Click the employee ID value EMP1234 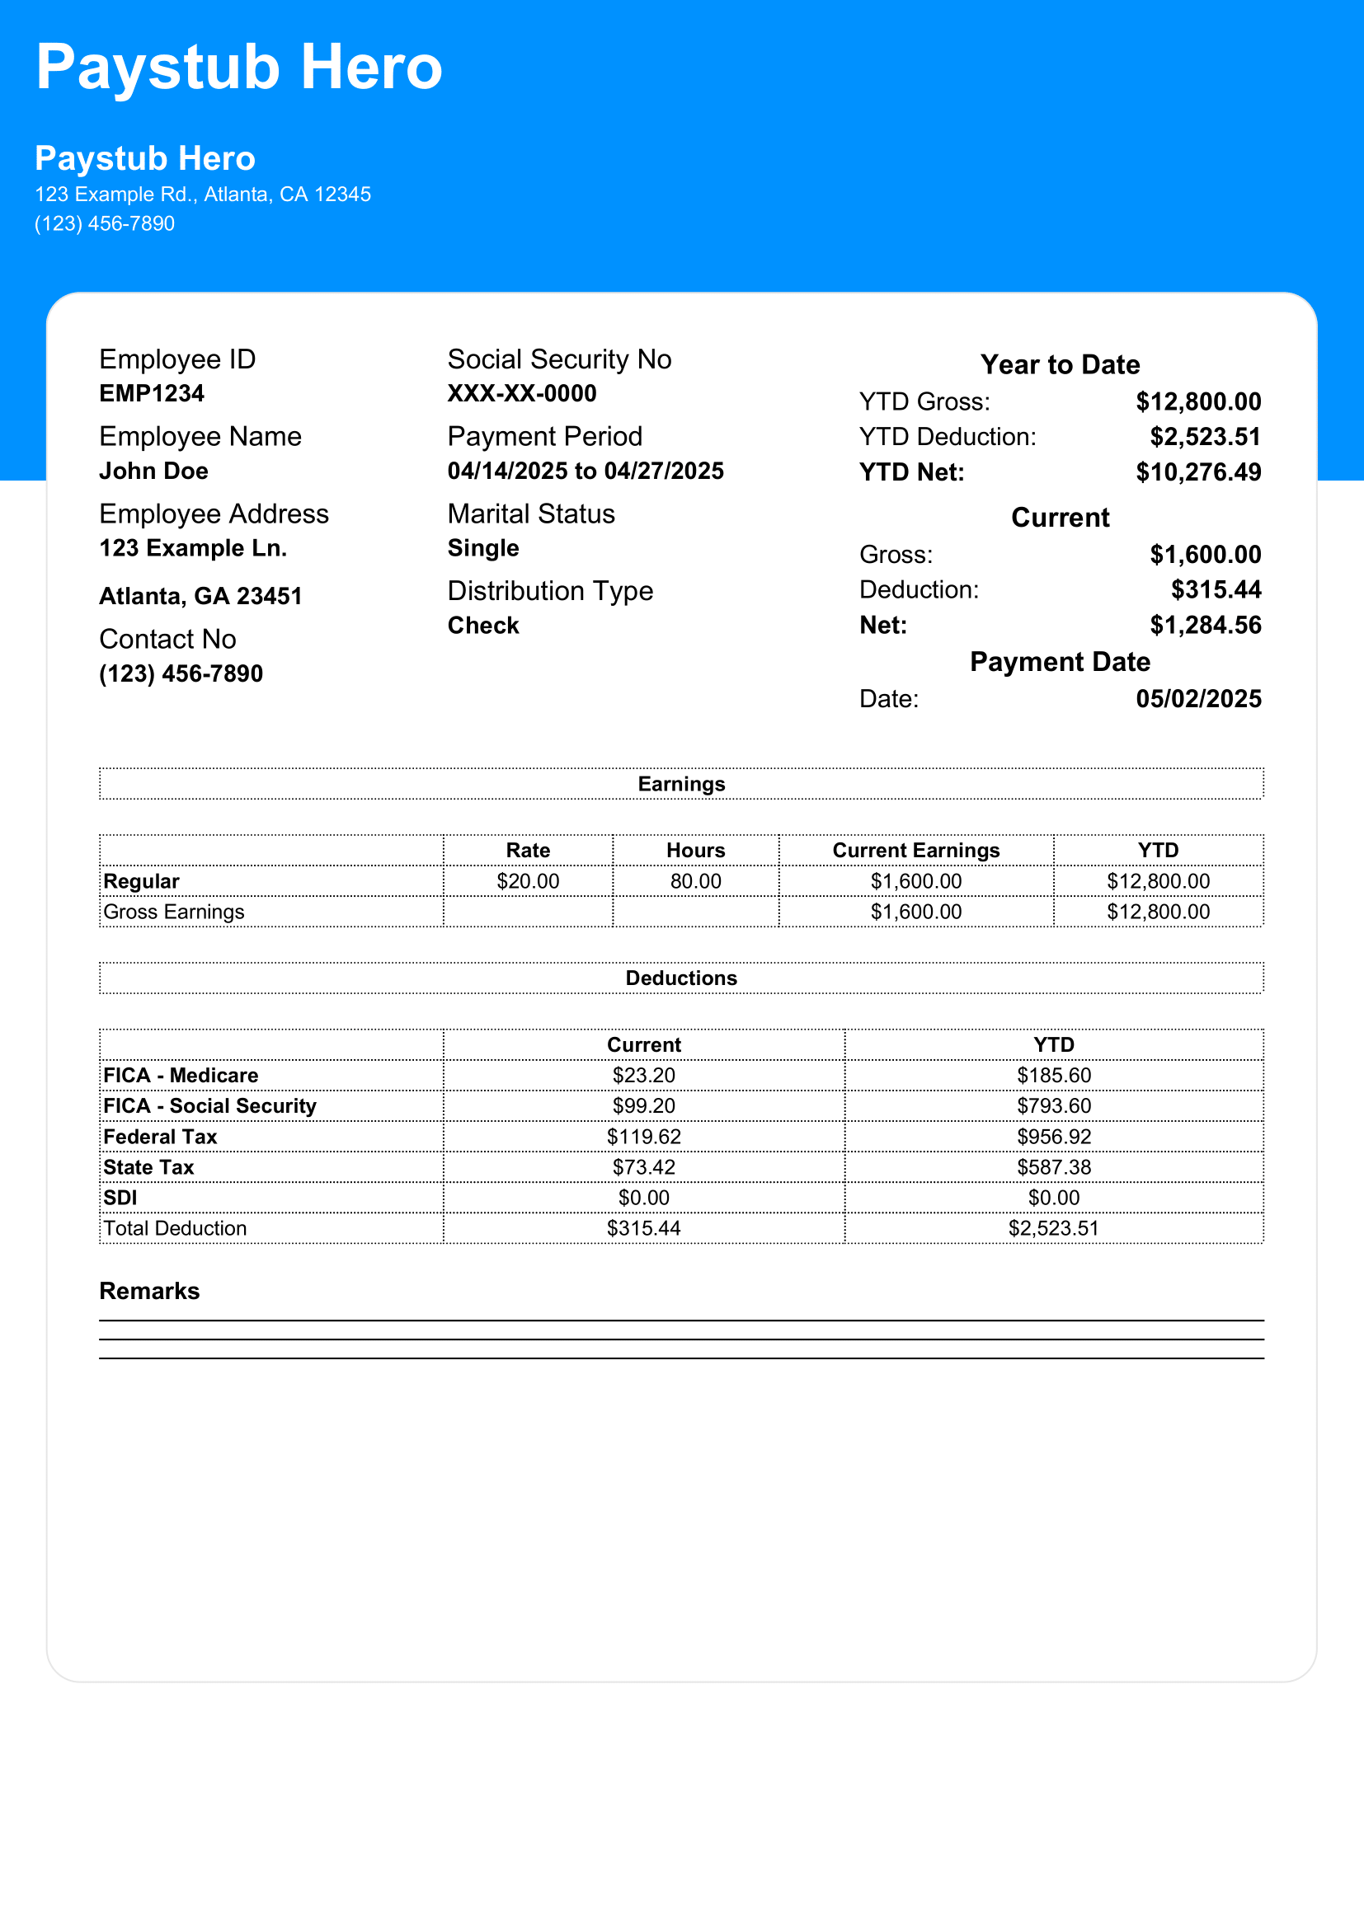point(151,393)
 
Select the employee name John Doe point(153,471)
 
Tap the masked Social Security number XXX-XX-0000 point(521,393)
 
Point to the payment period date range point(586,471)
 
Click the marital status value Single point(483,548)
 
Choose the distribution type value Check point(483,626)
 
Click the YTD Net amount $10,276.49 point(1197,472)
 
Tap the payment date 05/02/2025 point(1197,699)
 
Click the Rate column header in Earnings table point(528,850)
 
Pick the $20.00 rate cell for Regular point(528,881)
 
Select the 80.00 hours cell point(695,881)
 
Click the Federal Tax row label point(161,1136)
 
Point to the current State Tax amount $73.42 point(643,1167)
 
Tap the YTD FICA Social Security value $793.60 point(1053,1106)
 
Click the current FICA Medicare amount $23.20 point(643,1076)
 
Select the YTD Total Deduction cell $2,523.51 point(1053,1228)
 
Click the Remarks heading point(149,1291)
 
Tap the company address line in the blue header point(202,195)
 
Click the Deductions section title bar point(681,978)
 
